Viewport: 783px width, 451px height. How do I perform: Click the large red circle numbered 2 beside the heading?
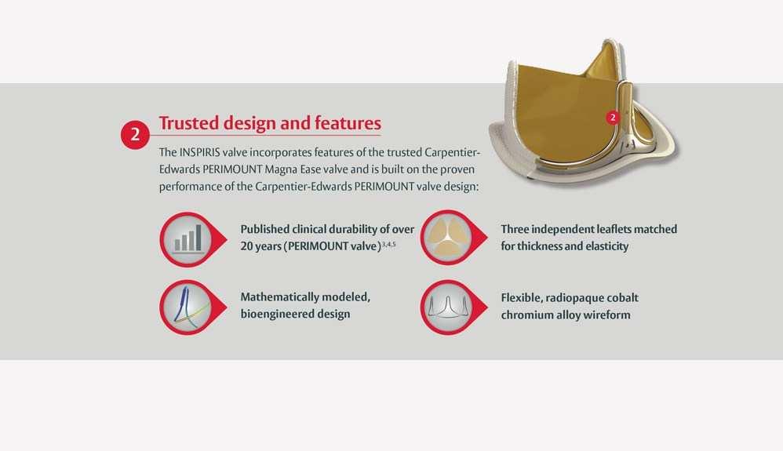tap(135, 135)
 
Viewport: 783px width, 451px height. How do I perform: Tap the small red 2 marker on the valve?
tap(613, 118)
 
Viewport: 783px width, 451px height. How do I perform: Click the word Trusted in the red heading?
tap(188, 123)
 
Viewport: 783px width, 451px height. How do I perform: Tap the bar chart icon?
tap(188, 239)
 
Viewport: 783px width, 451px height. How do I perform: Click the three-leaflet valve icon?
tap(449, 237)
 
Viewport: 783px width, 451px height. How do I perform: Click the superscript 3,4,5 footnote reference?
tap(389, 244)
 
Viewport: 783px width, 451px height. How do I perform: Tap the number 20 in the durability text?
tap(247, 246)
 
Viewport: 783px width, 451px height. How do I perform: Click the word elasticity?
tap(606, 246)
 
